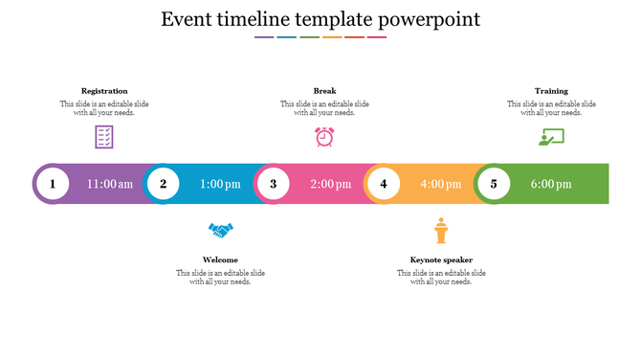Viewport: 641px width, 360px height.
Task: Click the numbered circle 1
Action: (x=53, y=184)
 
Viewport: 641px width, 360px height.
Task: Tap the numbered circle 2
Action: (x=164, y=184)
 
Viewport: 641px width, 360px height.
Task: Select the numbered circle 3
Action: (x=274, y=184)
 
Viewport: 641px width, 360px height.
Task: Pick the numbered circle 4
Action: (x=384, y=184)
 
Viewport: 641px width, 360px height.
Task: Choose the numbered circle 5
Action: (x=494, y=184)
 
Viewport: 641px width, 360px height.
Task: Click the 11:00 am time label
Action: (x=110, y=184)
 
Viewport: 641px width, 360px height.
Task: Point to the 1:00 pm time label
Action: (x=220, y=184)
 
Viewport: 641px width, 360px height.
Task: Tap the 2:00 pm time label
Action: (x=331, y=184)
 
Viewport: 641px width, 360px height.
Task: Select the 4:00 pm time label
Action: (x=441, y=184)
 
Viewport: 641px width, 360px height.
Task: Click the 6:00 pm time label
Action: (x=551, y=184)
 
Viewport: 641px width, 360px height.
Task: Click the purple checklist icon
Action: (x=104, y=137)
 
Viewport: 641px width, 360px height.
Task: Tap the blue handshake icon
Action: (x=221, y=231)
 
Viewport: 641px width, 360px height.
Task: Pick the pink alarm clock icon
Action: (x=324, y=137)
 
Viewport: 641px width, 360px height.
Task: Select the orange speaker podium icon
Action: (x=441, y=231)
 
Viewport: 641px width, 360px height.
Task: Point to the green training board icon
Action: (x=551, y=137)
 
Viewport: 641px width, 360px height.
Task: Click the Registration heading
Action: (x=104, y=91)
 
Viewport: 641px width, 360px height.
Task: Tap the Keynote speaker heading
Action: (x=441, y=259)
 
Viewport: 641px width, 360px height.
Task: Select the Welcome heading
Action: (x=220, y=259)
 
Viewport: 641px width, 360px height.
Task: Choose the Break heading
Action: (x=324, y=91)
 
